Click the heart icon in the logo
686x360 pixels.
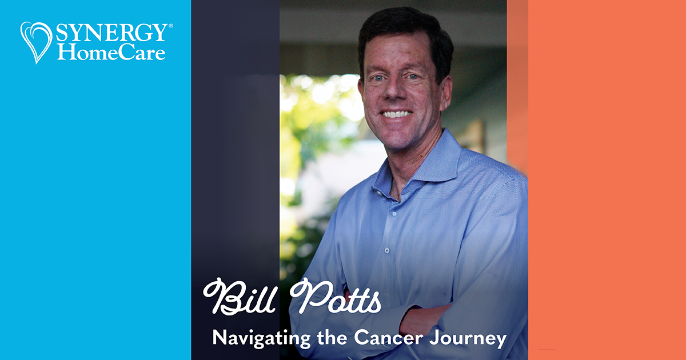36,41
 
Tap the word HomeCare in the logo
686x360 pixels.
111,53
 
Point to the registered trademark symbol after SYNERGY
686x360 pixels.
170,26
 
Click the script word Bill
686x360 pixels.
242,297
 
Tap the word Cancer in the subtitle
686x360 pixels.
382,338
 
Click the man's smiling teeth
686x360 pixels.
397,114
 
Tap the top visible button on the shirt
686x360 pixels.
386,250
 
